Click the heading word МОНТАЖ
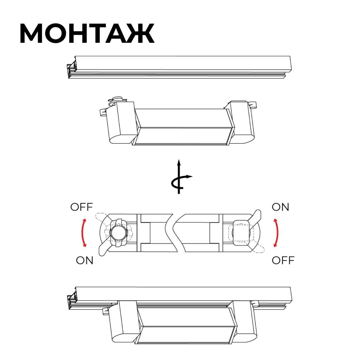[87, 33]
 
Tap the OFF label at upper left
[82, 207]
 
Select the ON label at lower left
[85, 260]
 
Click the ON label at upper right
[280, 207]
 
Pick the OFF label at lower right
[283, 260]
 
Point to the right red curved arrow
[277, 233]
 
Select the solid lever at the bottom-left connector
[104, 249]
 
